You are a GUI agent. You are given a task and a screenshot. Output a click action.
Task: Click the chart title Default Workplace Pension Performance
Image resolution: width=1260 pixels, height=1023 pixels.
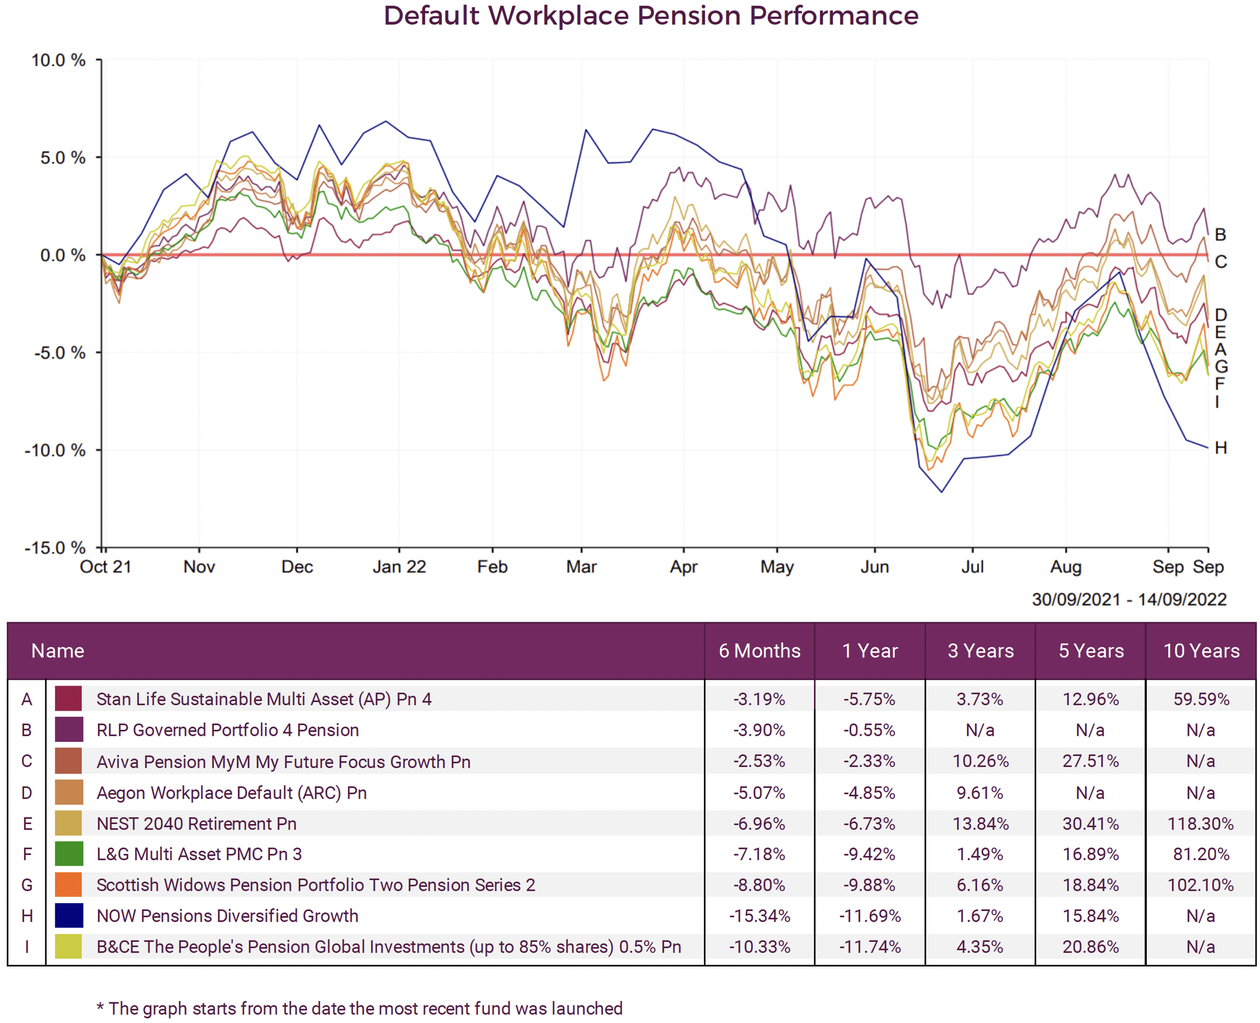click(650, 16)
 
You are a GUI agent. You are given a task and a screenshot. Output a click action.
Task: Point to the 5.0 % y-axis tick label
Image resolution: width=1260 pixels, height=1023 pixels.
click(63, 158)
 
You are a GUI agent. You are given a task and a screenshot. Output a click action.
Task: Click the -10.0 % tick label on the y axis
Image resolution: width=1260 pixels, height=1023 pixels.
click(55, 450)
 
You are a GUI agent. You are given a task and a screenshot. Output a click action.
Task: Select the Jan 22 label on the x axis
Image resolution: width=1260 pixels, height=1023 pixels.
click(399, 567)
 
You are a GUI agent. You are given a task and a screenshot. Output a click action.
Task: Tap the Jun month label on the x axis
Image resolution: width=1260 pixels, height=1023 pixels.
click(874, 567)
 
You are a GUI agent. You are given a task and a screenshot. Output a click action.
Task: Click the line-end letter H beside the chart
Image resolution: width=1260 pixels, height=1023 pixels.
click(1220, 448)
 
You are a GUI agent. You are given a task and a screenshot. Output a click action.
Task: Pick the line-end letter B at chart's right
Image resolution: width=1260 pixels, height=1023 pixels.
click(1220, 234)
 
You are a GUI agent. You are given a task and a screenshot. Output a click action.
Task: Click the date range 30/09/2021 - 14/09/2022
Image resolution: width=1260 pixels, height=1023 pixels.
click(1128, 599)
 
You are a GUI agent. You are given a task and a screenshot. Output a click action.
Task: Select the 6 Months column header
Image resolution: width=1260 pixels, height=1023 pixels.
click(759, 651)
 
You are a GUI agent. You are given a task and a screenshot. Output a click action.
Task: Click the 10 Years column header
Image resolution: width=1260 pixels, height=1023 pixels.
click(1201, 651)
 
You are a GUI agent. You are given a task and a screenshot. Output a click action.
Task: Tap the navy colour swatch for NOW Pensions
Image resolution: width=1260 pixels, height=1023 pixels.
click(68, 916)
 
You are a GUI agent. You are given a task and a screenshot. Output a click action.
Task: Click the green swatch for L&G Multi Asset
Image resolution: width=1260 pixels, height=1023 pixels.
click(68, 854)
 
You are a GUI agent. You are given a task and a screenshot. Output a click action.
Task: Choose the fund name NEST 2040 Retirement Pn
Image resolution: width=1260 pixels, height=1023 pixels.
click(197, 823)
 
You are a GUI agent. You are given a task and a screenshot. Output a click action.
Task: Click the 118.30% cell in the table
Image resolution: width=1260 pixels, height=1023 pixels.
click(1201, 823)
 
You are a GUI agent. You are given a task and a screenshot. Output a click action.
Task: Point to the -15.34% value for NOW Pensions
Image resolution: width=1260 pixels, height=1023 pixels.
click(759, 916)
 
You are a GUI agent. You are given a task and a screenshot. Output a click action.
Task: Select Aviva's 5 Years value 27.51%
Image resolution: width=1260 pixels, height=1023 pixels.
click(1090, 761)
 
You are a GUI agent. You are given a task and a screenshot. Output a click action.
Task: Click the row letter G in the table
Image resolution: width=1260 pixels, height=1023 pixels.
click(26, 885)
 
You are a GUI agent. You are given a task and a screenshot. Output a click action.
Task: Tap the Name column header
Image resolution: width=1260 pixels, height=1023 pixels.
click(58, 651)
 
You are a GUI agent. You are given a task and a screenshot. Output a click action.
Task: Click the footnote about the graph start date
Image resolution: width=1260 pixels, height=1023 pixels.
click(360, 1008)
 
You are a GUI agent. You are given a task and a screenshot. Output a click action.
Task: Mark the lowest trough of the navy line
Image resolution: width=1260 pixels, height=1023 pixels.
click(941, 492)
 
